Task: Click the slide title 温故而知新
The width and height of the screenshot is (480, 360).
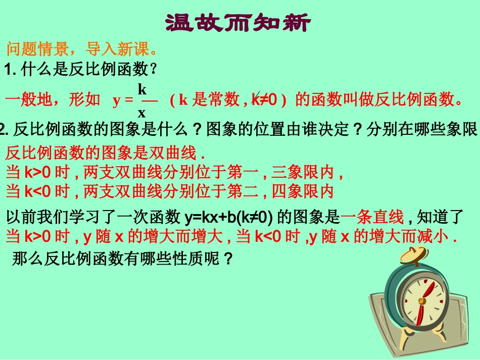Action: pos(237,23)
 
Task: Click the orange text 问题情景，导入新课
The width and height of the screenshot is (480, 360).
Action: pos(81,49)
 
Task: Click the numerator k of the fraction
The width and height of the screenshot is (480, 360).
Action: pos(142,89)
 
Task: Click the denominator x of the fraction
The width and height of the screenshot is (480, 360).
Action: pos(142,112)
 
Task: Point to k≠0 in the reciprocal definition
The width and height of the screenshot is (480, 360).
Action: pos(267,99)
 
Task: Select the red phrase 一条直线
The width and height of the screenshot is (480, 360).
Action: pos(373,218)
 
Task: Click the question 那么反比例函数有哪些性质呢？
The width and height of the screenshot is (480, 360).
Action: pos(121,260)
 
